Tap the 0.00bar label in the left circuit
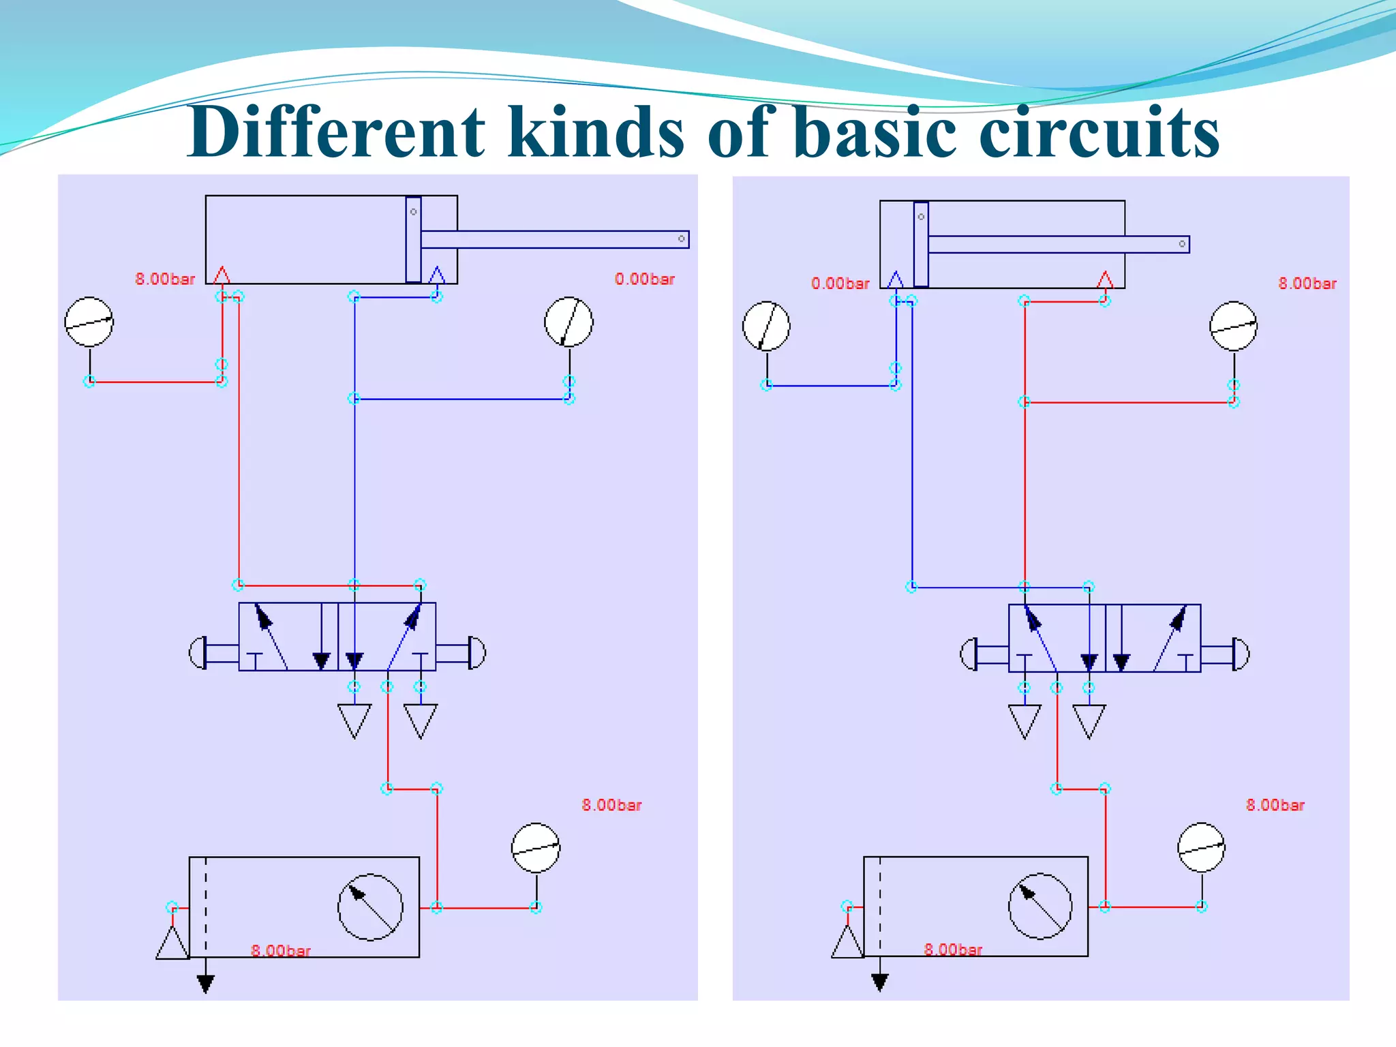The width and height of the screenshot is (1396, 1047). click(644, 279)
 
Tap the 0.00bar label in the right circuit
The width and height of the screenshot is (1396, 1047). click(840, 284)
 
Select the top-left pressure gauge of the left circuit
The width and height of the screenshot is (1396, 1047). click(89, 322)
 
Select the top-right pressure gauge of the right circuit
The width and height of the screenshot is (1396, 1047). click(1233, 327)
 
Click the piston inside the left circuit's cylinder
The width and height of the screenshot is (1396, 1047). click(413, 239)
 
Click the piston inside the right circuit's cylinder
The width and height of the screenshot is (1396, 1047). click(921, 244)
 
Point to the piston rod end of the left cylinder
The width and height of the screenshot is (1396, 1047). click(681, 239)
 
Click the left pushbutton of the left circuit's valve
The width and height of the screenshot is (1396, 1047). click(198, 653)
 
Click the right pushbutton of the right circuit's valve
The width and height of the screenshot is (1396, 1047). click(1241, 654)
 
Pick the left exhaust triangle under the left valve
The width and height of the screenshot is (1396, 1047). click(354, 720)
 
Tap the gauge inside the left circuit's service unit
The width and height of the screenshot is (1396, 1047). click(370, 907)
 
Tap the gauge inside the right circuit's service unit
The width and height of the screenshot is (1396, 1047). click(1040, 906)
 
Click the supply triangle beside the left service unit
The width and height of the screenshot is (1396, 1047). click(172, 945)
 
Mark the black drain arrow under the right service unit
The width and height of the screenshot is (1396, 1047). click(880, 982)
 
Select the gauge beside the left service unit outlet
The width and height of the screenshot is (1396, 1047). click(536, 848)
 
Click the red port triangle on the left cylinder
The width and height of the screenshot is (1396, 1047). click(222, 276)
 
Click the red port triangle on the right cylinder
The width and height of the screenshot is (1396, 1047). click(1105, 280)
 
